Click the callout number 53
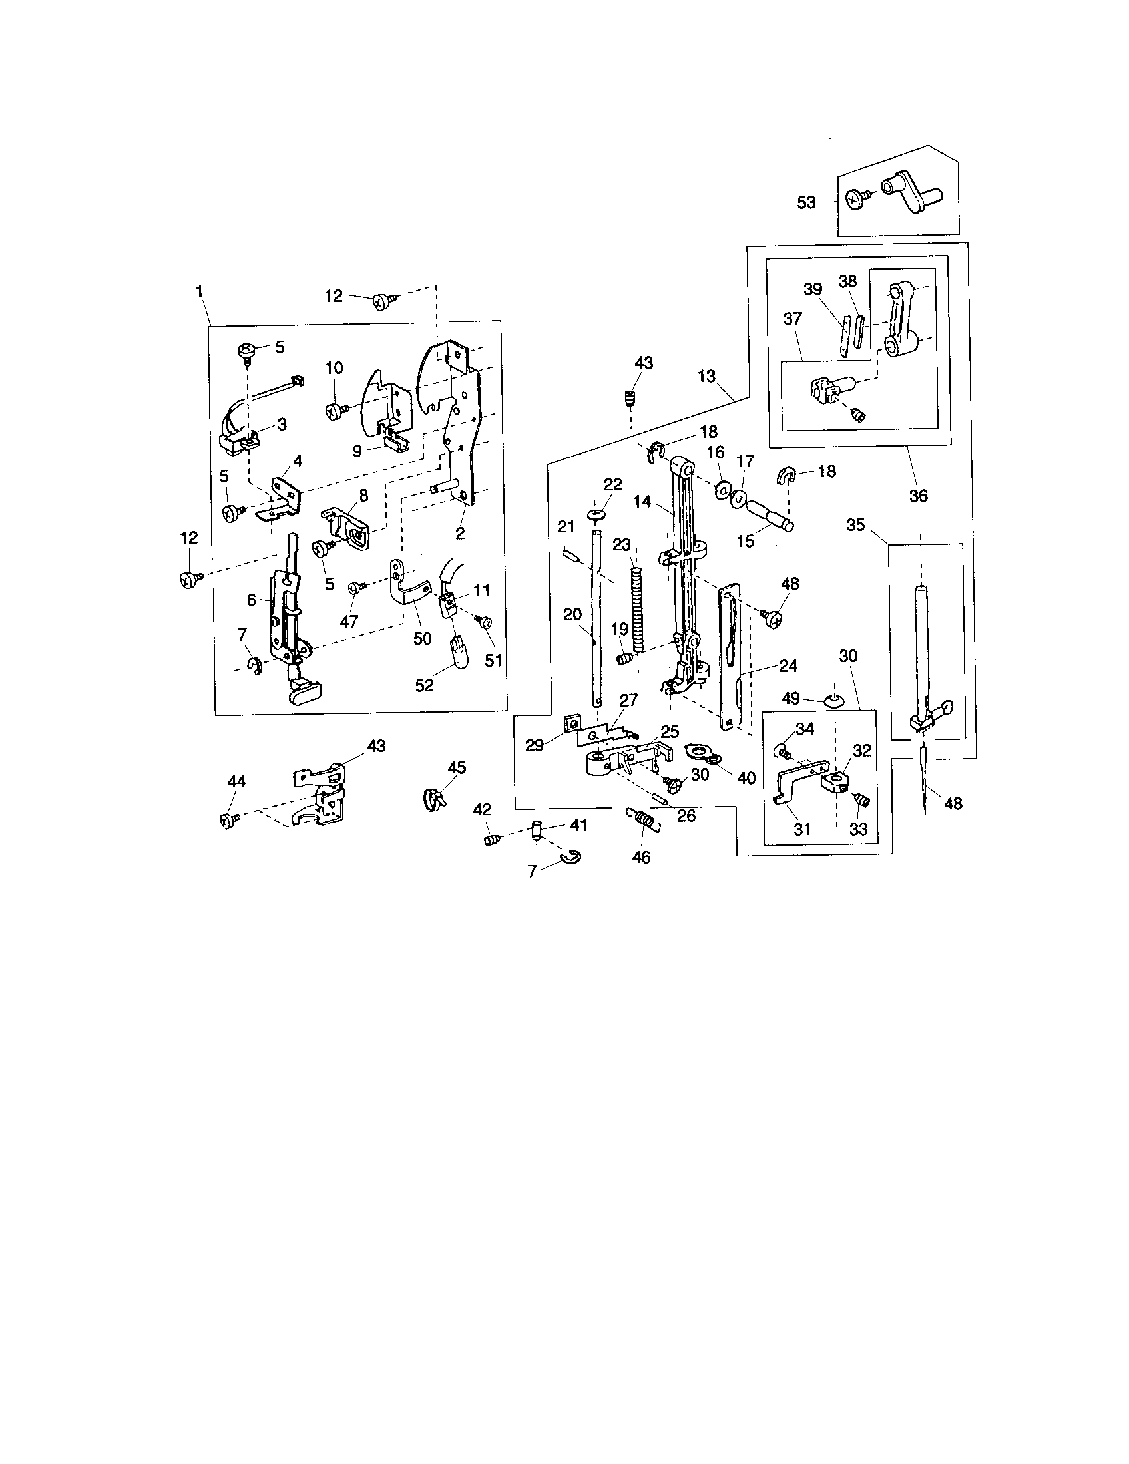(x=806, y=202)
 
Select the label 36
(x=918, y=495)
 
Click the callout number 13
(x=707, y=376)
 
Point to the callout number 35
(x=855, y=525)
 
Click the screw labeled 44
(x=225, y=820)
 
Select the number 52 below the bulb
(x=425, y=685)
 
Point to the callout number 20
(x=572, y=615)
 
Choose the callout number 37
(x=792, y=318)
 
